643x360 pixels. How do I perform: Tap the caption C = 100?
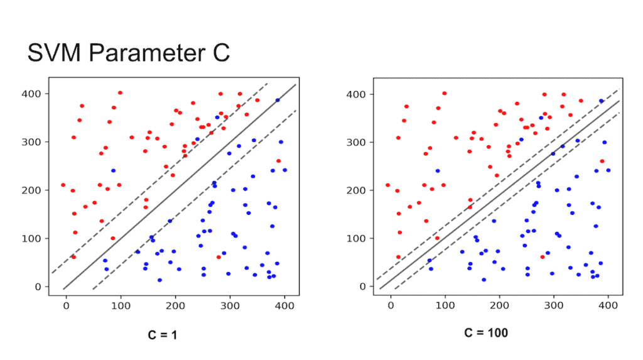click(x=486, y=332)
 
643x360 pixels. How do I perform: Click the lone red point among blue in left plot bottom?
click(x=219, y=257)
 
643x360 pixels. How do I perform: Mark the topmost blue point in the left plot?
click(x=278, y=100)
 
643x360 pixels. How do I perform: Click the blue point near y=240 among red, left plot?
click(x=113, y=170)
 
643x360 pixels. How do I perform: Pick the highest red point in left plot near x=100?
click(x=120, y=92)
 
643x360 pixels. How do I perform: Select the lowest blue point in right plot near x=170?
click(x=484, y=280)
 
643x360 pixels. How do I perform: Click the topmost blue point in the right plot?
click(x=602, y=101)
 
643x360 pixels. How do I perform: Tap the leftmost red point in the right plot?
click(x=387, y=185)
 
